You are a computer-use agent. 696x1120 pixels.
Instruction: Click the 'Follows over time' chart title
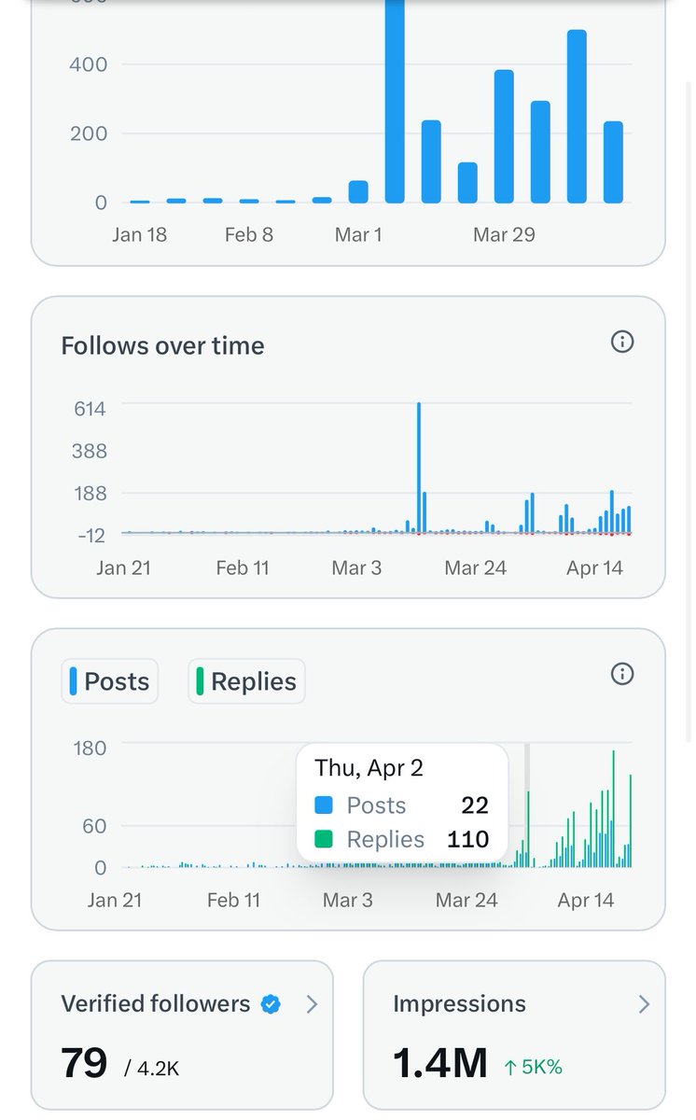click(x=162, y=345)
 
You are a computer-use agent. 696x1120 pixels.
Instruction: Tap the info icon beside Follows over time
click(x=621, y=342)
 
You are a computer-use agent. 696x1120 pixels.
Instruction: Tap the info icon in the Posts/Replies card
click(x=621, y=674)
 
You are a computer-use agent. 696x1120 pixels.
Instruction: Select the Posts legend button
click(x=110, y=681)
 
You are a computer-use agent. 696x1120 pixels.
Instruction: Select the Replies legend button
click(x=246, y=681)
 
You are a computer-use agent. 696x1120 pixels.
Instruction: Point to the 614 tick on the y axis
click(x=90, y=408)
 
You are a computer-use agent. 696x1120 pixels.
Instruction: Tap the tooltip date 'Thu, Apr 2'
click(x=369, y=767)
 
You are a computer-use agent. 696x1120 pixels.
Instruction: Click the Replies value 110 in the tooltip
click(x=467, y=839)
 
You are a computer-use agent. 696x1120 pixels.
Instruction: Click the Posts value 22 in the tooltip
click(x=474, y=805)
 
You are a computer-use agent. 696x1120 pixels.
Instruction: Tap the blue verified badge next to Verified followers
click(x=271, y=1004)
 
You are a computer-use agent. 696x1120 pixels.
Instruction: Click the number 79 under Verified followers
click(x=84, y=1063)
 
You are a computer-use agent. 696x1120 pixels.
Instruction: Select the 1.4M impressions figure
click(x=440, y=1063)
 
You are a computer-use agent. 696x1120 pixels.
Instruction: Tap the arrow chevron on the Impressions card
click(x=643, y=1004)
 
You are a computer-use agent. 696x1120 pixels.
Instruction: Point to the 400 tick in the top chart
click(x=89, y=64)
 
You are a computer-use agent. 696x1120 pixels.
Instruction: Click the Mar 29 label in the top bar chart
click(x=504, y=234)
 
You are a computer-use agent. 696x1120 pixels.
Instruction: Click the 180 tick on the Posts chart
click(x=90, y=748)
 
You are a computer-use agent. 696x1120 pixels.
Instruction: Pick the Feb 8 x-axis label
click(x=248, y=234)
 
